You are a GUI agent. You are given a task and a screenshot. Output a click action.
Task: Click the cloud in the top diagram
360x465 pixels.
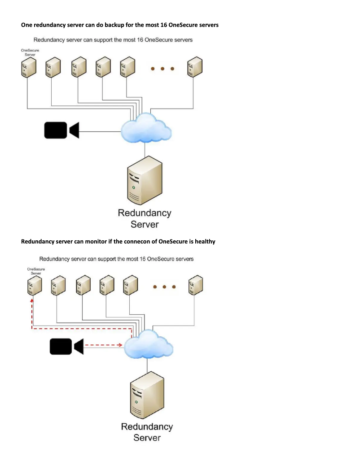coord(145,128)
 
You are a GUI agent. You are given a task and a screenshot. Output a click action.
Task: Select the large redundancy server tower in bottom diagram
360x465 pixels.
coord(147,395)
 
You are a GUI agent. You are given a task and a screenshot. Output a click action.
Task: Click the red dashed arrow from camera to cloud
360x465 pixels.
coord(104,345)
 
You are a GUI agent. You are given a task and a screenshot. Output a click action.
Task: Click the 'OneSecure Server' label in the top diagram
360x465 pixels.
coord(30,52)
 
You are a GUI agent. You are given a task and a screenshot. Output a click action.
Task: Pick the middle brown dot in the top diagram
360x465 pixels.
coord(162,69)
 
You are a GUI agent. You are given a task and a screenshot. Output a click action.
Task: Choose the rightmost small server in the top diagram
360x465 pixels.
coord(195,66)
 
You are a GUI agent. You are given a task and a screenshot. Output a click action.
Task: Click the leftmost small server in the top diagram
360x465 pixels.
coord(27,67)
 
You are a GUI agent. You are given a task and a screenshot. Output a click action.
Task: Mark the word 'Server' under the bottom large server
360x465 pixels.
coord(147,437)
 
